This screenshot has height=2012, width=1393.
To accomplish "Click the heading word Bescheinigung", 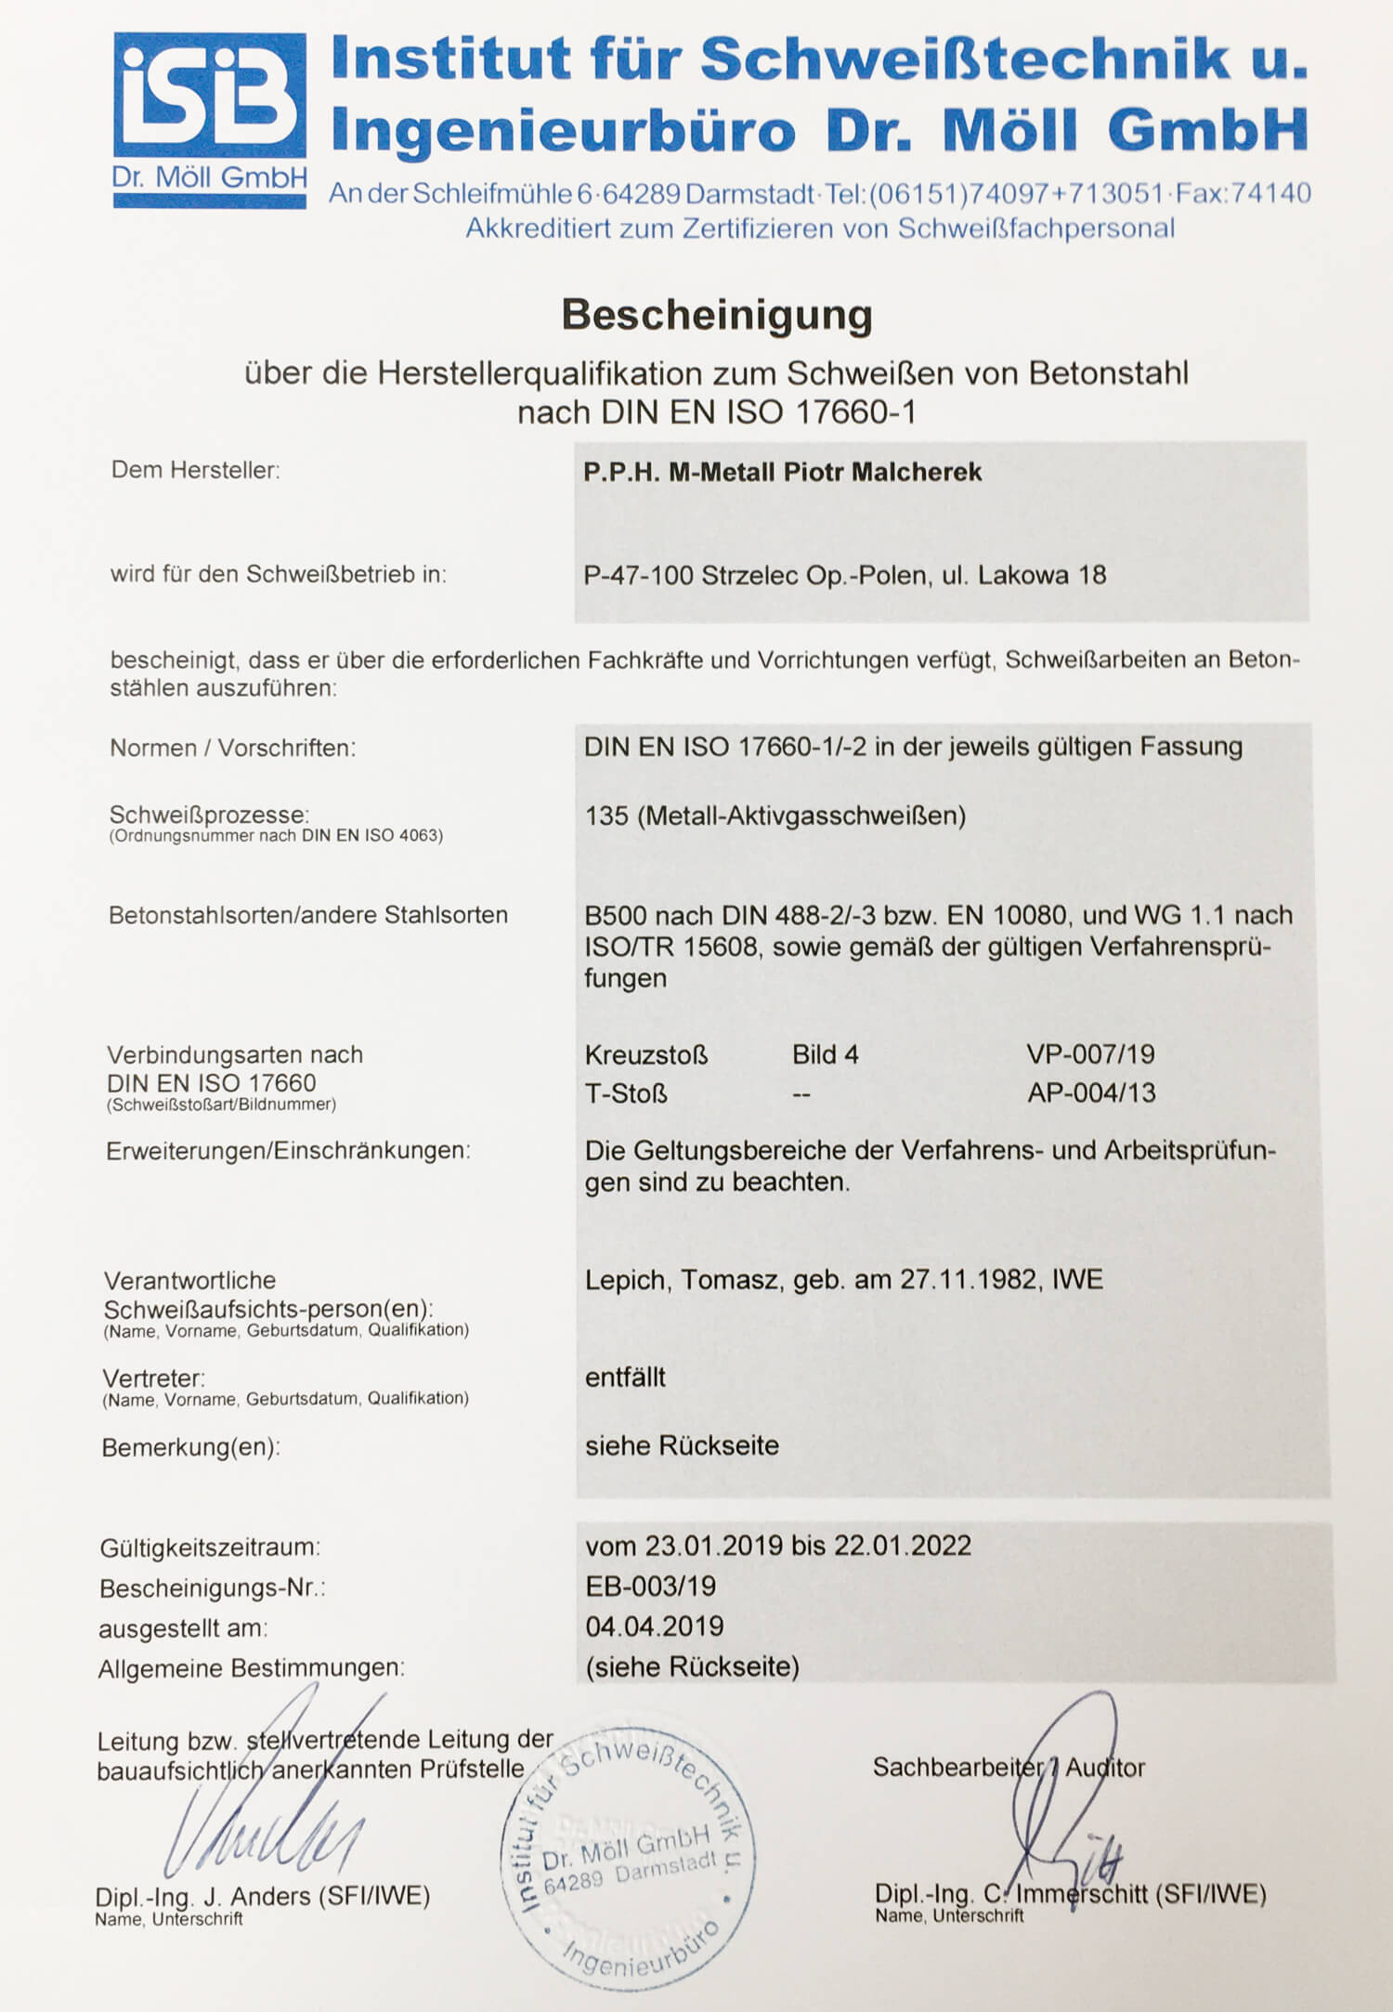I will pos(716,315).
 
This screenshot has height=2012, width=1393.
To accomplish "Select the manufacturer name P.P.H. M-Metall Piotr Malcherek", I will pos(782,472).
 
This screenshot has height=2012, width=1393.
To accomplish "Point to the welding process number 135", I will pos(606,816).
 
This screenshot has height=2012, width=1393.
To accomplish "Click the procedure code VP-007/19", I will pos(1090,1054).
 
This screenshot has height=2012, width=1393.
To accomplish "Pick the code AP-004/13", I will pos(1091,1092).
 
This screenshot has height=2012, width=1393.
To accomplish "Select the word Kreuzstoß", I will pos(646,1055).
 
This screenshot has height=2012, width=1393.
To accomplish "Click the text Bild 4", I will pos(825,1054).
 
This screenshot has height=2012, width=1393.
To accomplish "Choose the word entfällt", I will pos(625,1377).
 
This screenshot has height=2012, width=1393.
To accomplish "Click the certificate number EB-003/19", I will pos(650,1586).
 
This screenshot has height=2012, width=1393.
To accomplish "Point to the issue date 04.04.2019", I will pos(654,1626).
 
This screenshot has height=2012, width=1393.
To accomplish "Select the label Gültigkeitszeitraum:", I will pos(210,1548).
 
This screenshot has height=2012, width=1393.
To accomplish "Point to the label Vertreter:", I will pos(153,1378).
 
